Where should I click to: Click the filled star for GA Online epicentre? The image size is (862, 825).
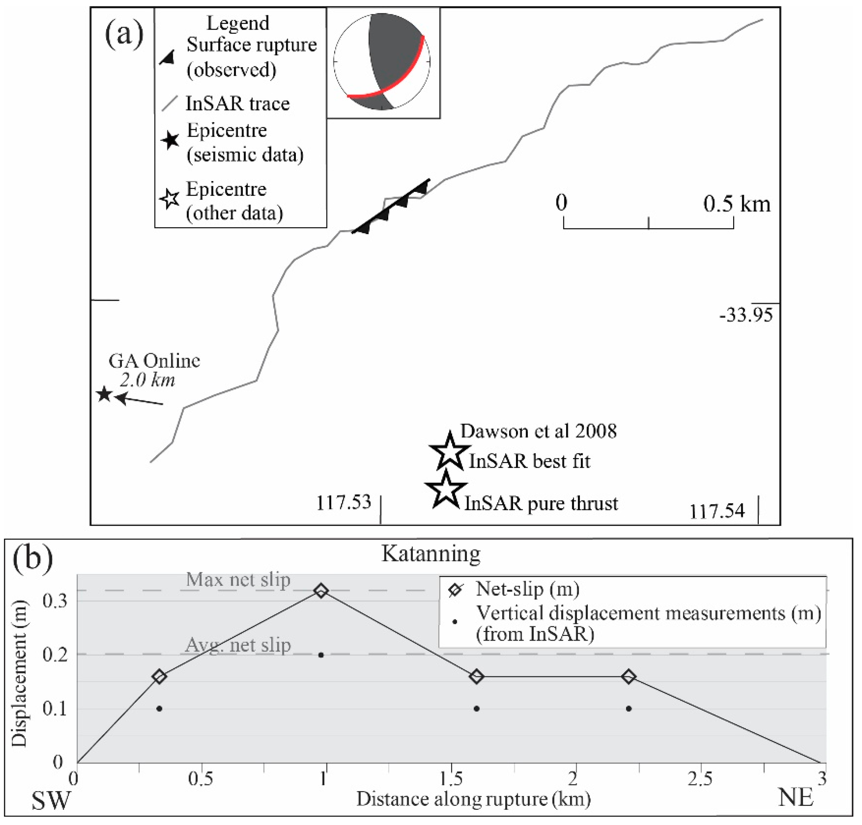coord(104,394)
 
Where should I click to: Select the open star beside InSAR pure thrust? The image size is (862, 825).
coord(446,489)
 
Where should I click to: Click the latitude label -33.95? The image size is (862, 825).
coord(746,315)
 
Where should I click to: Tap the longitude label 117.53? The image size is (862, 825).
coord(344,502)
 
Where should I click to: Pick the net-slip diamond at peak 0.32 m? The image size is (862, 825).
coord(321,591)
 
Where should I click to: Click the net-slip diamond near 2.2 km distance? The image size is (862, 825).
coord(629,676)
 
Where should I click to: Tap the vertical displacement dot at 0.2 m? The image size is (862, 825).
coord(321,655)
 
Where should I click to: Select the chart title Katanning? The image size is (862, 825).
coord(430,554)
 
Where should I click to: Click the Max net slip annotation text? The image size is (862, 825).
coord(238,580)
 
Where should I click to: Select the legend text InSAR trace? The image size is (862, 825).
coord(237,104)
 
